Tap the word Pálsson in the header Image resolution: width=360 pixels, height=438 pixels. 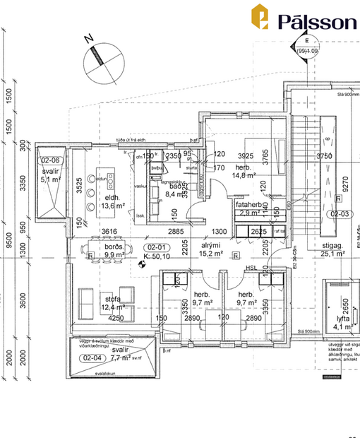(317, 21)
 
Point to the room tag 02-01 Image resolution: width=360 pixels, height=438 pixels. (154, 247)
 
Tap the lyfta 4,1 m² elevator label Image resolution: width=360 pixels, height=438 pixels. (346, 322)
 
